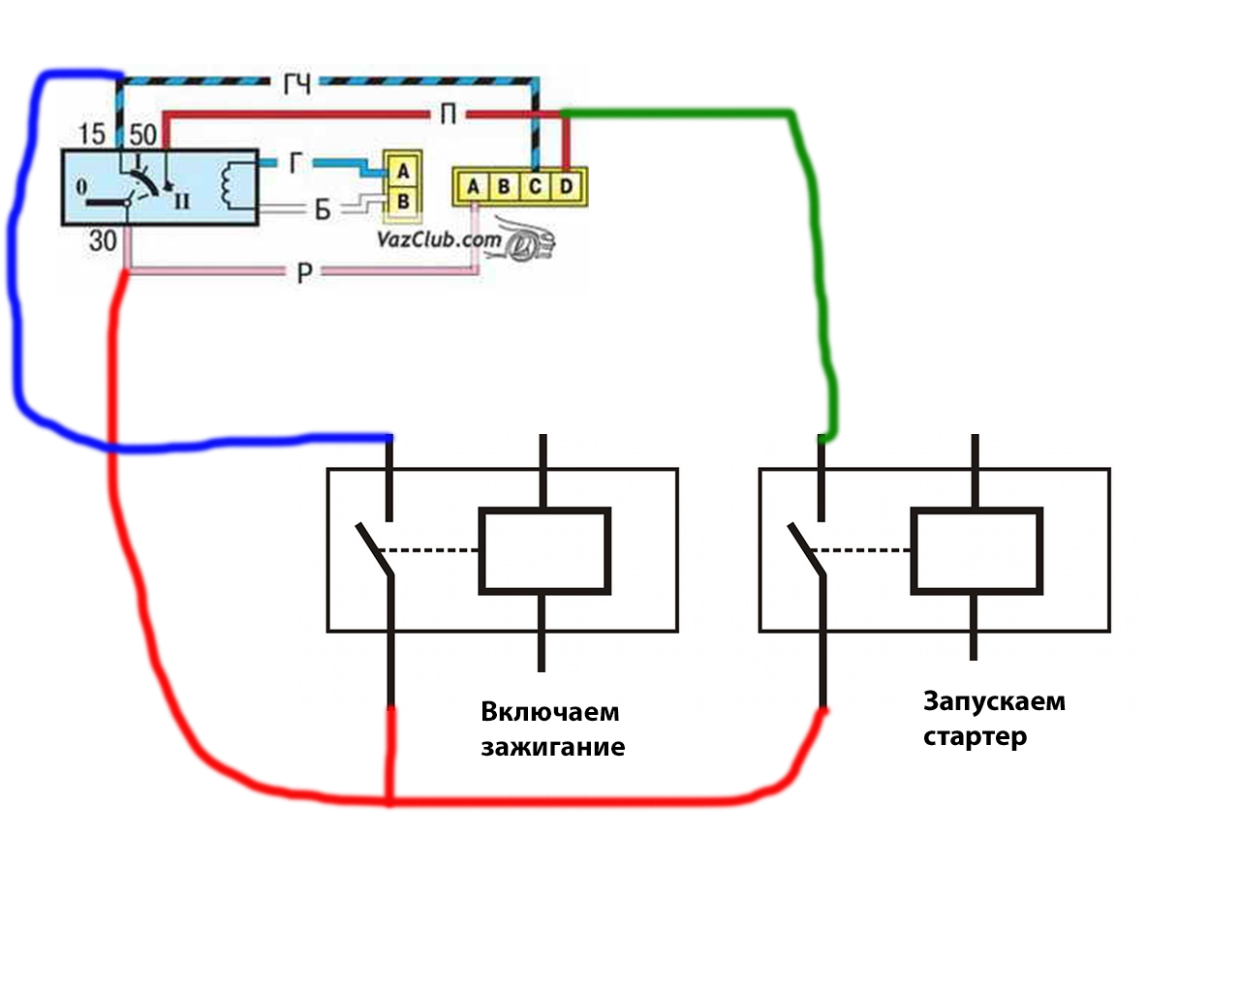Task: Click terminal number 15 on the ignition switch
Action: (92, 134)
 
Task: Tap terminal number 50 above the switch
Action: (143, 135)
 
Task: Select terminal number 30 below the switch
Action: (103, 240)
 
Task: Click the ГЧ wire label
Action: (296, 84)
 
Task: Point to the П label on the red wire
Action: (449, 114)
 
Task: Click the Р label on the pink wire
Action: (304, 272)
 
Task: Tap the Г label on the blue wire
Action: (295, 163)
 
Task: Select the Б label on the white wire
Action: (323, 210)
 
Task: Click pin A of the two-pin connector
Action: (403, 170)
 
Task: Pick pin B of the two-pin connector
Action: (403, 201)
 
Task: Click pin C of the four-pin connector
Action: (536, 186)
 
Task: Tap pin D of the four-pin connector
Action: (567, 186)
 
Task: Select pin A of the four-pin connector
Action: (473, 186)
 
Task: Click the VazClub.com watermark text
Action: (439, 238)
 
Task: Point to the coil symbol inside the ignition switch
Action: (230, 185)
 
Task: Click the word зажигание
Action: (552, 747)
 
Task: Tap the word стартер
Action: (975, 736)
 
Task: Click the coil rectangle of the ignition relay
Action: (544, 550)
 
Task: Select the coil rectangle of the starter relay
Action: (976, 550)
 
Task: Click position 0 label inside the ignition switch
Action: (81, 186)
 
